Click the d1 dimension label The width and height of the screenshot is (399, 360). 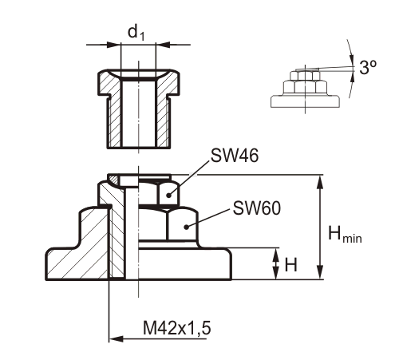136,33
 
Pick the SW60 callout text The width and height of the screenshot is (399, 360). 255,208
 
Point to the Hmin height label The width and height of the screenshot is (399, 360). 349,235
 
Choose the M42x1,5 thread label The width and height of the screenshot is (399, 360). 179,327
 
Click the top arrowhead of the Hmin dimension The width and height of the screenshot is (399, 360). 321,180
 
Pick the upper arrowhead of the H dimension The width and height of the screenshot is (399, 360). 275,253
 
